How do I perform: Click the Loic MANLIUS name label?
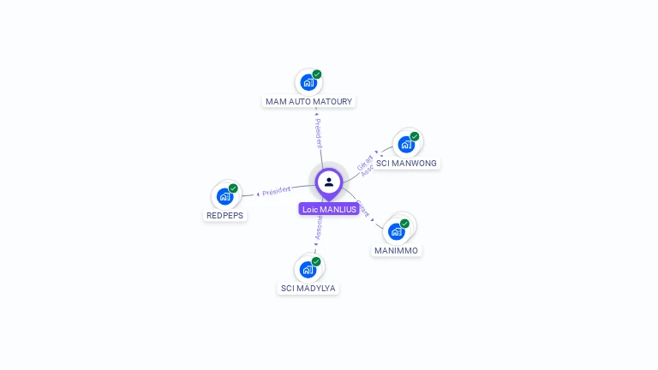click(x=329, y=209)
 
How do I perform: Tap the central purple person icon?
click(x=329, y=182)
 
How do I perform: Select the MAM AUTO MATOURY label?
click(x=308, y=101)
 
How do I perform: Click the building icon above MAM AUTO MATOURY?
click(x=308, y=83)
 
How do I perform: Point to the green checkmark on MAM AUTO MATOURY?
click(x=317, y=75)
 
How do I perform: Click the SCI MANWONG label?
click(x=406, y=163)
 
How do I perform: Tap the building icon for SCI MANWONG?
click(x=406, y=144)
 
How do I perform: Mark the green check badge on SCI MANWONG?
click(x=415, y=136)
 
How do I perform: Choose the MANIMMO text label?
click(x=397, y=250)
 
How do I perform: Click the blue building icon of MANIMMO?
click(x=396, y=231)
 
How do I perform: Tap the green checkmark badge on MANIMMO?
click(x=404, y=224)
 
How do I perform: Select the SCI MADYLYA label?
click(x=308, y=288)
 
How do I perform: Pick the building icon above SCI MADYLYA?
click(x=308, y=270)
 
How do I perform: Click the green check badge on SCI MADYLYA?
click(x=316, y=261)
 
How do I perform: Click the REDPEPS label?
click(x=225, y=215)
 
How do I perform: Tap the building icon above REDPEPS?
click(x=224, y=196)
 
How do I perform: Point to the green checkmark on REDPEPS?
click(x=233, y=188)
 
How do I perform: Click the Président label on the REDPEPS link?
click(x=277, y=190)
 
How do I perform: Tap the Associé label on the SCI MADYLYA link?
click(x=318, y=228)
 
